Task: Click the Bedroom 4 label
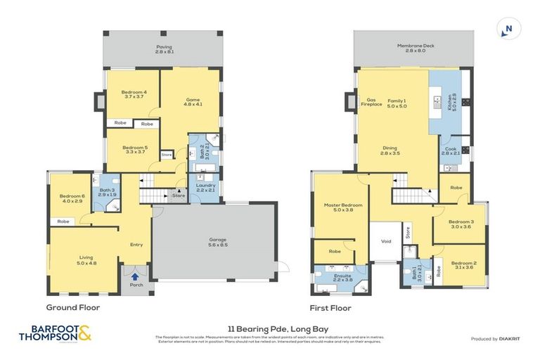click(134, 95)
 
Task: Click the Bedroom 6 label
click(72, 199)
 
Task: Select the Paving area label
click(164, 49)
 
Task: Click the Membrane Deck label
click(416, 48)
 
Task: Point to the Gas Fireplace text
click(371, 103)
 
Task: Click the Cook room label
click(450, 151)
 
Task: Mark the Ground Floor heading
click(73, 307)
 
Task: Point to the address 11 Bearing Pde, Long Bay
click(270, 329)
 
